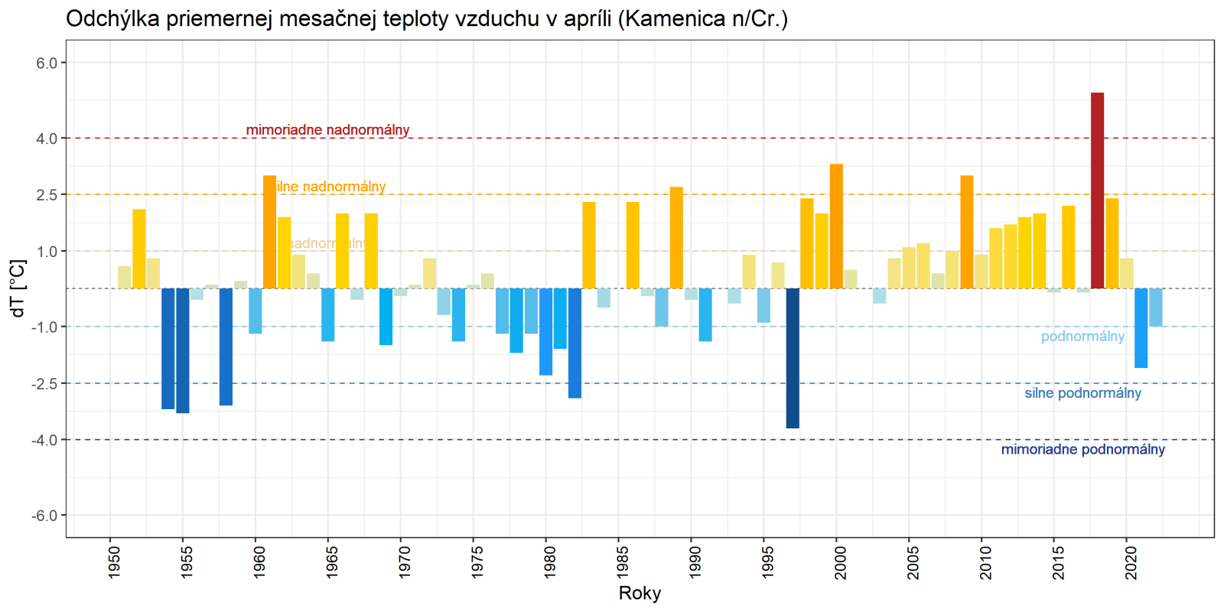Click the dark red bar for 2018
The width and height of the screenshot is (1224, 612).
point(1097,190)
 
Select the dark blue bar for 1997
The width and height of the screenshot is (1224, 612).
point(793,358)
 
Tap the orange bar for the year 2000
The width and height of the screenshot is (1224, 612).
point(836,226)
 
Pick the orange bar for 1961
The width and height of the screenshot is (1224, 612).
point(269,232)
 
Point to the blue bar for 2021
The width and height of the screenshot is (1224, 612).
point(1141,328)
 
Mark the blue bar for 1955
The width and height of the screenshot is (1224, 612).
point(183,350)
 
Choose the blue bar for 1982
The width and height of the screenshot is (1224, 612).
point(575,343)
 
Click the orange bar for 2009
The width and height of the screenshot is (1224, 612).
point(967,232)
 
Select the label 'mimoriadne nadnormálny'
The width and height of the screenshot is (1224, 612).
point(327,130)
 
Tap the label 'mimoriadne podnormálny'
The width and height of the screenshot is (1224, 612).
point(1082,450)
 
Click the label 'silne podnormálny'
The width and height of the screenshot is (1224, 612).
point(1082,393)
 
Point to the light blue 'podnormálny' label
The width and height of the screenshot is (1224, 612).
point(1082,337)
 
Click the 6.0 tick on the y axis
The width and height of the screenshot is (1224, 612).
point(47,63)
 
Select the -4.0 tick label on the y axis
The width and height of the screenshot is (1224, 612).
point(45,440)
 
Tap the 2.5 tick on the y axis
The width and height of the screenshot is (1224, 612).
point(47,195)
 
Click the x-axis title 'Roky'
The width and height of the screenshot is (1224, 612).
point(640,593)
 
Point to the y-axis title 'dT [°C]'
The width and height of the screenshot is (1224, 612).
point(18,288)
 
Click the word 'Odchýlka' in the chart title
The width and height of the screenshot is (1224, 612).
point(112,18)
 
